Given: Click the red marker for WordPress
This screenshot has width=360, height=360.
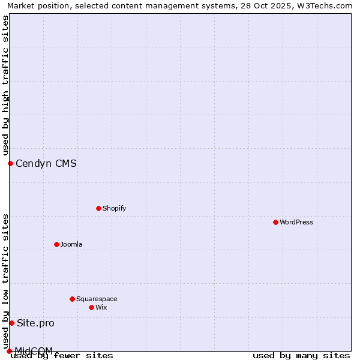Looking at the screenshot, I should [x=275, y=222].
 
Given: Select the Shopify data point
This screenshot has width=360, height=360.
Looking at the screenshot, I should [x=98, y=208].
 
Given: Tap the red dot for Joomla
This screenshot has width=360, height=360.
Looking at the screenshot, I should [x=56, y=244].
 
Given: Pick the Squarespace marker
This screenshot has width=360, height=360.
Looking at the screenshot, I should [x=72, y=299].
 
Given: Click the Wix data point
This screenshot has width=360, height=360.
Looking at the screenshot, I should [x=91, y=307].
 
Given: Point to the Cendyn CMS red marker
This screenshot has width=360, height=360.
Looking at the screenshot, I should [x=10, y=163].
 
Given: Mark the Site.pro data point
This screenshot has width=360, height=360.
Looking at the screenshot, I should [x=11, y=323].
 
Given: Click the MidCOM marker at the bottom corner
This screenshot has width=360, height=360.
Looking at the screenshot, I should [x=9, y=351].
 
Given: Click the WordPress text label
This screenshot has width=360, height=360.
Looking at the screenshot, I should [x=296, y=222].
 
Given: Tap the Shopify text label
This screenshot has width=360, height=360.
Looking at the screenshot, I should [x=114, y=208].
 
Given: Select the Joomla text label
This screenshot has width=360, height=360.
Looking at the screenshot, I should [x=71, y=244].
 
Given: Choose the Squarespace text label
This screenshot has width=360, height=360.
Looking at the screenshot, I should [x=97, y=299].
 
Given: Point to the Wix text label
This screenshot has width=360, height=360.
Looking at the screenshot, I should [x=101, y=307].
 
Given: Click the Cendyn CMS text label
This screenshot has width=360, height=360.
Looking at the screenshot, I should [x=46, y=163].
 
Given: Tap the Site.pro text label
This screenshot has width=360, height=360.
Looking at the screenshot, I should [x=35, y=323].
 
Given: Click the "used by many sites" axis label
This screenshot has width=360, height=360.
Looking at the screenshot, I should [x=301, y=355].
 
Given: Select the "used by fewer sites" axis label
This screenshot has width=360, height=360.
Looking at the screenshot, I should [x=62, y=355].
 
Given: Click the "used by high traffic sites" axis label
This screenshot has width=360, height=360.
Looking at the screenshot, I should [x=5, y=85].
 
